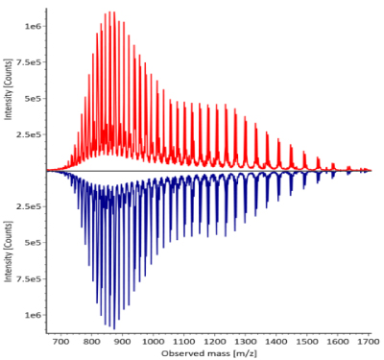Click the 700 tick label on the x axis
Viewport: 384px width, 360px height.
pyautogui.click(x=60, y=341)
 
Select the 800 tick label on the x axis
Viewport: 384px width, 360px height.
pyautogui.click(x=91, y=341)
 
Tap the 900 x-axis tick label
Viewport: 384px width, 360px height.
pyautogui.click(x=122, y=341)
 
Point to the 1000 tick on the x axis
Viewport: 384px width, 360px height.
pyautogui.click(x=154, y=341)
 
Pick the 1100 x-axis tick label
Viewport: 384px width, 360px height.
pyautogui.click(x=184, y=341)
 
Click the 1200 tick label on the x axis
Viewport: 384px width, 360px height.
pyautogui.click(x=216, y=341)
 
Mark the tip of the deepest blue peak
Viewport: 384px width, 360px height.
pyautogui.click(x=112, y=329)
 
